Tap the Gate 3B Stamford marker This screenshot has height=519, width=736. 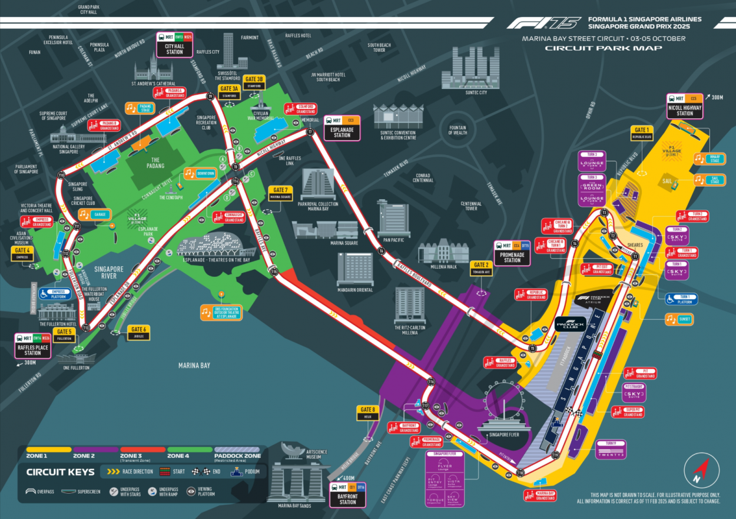click(254, 82)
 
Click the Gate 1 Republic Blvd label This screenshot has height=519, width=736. click(641, 133)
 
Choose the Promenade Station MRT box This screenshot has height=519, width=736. click(513, 253)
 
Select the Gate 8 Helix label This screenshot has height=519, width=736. click(367, 412)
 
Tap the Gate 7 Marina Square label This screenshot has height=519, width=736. click(281, 193)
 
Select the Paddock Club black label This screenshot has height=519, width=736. click(571, 325)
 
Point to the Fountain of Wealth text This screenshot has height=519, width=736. click(457, 130)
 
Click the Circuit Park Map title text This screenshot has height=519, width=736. click(604, 48)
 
